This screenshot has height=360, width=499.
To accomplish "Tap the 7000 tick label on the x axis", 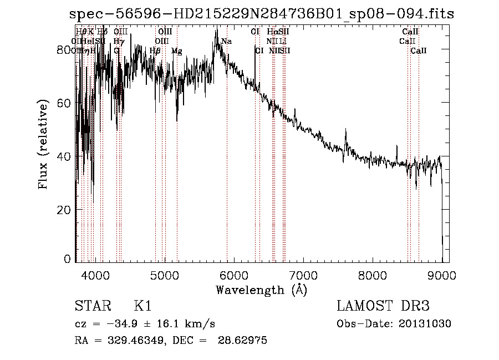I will tap(303, 275).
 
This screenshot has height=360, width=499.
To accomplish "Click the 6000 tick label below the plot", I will tap(233, 275).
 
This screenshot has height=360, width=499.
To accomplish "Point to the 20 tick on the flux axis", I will tap(65, 210).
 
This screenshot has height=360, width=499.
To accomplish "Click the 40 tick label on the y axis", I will tap(65, 156).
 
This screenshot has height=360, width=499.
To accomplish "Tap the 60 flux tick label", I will tap(65, 103).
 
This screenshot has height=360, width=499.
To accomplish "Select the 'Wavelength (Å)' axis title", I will tap(261, 290).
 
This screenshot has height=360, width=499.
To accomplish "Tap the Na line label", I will tap(226, 42).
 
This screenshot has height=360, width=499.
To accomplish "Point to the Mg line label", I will tap(176, 51).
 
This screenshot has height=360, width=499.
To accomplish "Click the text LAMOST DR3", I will tap(383, 307).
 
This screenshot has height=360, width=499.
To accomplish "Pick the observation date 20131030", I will tap(426, 324).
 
